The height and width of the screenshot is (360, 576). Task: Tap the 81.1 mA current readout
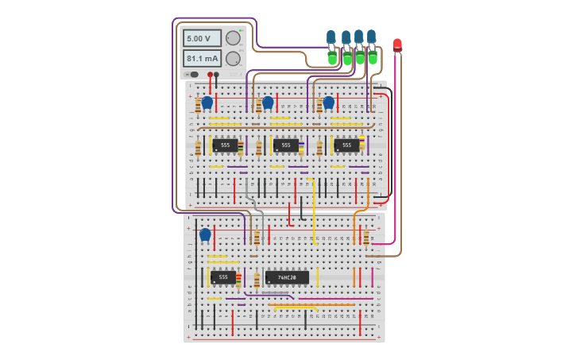pyautogui.click(x=202, y=59)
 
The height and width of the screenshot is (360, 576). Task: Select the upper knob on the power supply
pyautogui.click(x=233, y=38)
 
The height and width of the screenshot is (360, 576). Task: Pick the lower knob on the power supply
pyautogui.click(x=233, y=59)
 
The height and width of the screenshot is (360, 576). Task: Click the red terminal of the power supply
pyautogui.click(x=210, y=75)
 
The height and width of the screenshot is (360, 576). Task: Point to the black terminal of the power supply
pyautogui.click(x=216, y=75)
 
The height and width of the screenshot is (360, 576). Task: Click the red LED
pyautogui.click(x=397, y=45)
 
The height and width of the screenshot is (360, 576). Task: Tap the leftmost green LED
pyautogui.click(x=332, y=58)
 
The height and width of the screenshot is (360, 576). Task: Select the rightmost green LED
pyautogui.click(x=372, y=57)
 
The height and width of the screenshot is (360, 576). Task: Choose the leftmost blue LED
pyautogui.click(x=331, y=37)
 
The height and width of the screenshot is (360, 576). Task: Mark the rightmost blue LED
pyautogui.click(x=371, y=36)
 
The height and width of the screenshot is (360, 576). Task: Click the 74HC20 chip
pyautogui.click(x=287, y=277)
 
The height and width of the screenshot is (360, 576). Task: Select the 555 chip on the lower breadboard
pyautogui.click(x=222, y=277)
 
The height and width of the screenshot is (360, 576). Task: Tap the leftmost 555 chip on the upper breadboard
pyautogui.click(x=225, y=145)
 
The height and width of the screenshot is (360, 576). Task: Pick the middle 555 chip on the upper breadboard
pyautogui.click(x=286, y=145)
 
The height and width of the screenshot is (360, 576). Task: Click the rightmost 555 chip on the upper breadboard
pyautogui.click(x=346, y=145)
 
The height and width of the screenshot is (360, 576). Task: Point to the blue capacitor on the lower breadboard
pyautogui.click(x=205, y=234)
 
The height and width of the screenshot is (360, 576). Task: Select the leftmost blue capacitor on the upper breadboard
pyautogui.click(x=207, y=103)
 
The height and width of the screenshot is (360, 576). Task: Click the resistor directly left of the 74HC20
pyautogui.click(x=257, y=280)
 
